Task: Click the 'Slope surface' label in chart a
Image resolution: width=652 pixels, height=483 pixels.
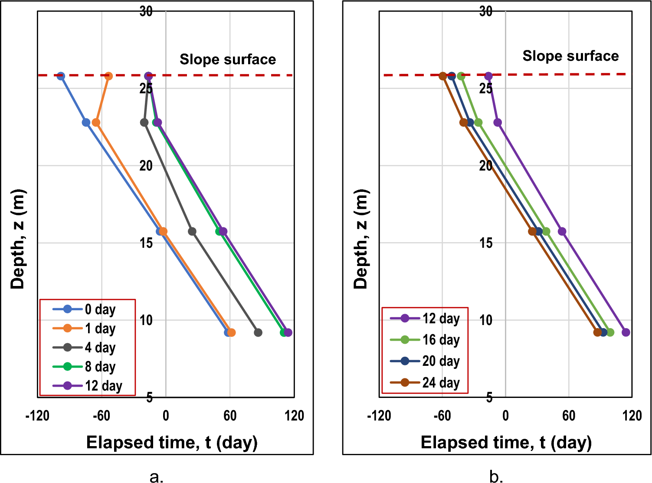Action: click(x=228, y=59)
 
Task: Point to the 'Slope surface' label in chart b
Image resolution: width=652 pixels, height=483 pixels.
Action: click(x=570, y=56)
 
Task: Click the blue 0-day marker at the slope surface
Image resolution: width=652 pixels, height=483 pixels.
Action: click(x=61, y=76)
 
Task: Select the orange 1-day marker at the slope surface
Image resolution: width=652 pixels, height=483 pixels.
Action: click(x=109, y=76)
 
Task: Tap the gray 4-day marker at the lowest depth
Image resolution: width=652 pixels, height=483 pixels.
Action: click(x=258, y=333)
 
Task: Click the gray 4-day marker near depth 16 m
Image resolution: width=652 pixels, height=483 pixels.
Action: click(x=192, y=232)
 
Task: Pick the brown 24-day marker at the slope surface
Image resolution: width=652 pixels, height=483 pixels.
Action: click(x=442, y=76)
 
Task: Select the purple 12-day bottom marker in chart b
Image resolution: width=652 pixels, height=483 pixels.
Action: click(x=626, y=333)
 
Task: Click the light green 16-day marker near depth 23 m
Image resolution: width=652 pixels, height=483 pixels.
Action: click(x=478, y=123)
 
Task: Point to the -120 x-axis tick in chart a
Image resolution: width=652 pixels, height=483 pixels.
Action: click(x=37, y=416)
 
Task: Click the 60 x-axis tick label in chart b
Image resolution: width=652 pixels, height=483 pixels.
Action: click(x=569, y=416)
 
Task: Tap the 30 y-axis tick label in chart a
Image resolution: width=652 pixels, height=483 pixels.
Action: click(x=146, y=11)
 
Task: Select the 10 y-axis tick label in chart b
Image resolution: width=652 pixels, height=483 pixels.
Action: click(x=486, y=320)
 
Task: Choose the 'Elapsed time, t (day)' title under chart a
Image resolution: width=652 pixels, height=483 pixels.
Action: click(x=172, y=443)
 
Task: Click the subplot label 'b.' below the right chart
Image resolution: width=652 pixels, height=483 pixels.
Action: click(x=496, y=476)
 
